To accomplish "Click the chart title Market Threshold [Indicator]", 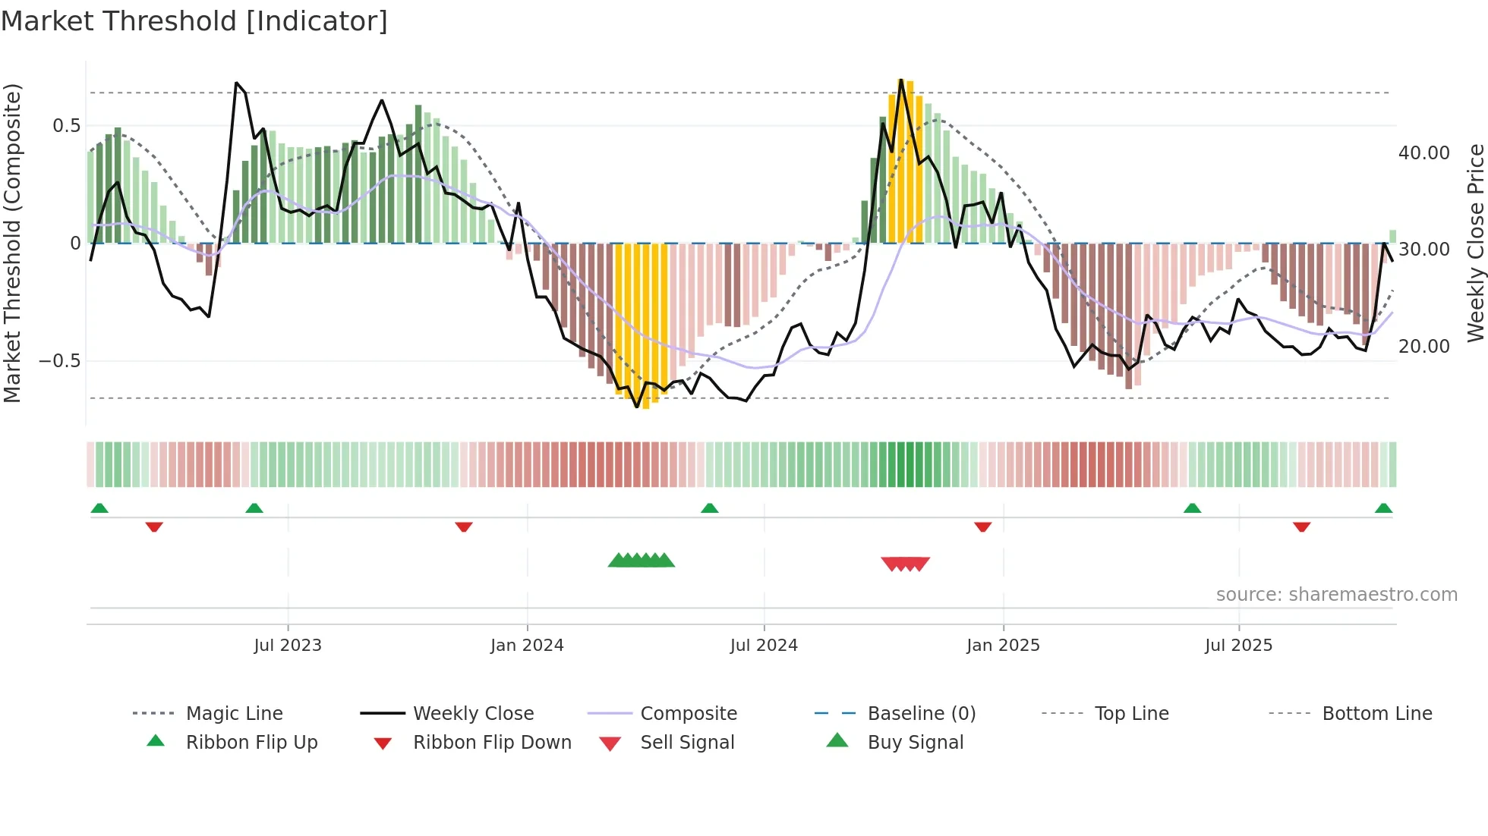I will point(194,21).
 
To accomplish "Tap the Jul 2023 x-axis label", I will point(288,646).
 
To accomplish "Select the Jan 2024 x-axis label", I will point(527,646).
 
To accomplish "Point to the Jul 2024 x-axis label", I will point(764,646).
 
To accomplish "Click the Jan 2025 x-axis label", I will point(1003,646).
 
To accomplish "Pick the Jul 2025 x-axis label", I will point(1238,646).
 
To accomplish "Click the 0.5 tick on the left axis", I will point(67,126).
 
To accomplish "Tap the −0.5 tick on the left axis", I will point(60,361).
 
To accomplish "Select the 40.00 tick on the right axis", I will point(1423,153).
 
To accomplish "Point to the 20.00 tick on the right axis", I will point(1423,347).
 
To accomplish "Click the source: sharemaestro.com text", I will point(1336,595).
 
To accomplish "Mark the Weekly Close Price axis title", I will point(1475,243).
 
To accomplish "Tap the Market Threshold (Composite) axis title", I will point(12,243).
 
